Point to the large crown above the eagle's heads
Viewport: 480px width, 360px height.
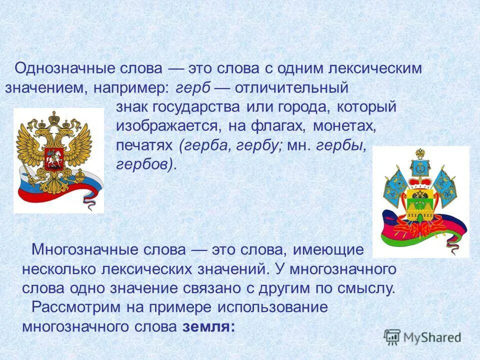point(53,119)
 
